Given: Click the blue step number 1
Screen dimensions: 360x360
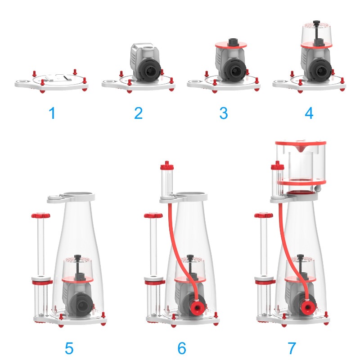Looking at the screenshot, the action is pos(53,113).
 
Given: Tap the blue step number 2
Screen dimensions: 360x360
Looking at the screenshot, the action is pos(138,113).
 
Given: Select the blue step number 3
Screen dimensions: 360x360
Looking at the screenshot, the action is pos(224,113).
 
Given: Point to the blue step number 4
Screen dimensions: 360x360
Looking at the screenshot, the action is pos(309,113).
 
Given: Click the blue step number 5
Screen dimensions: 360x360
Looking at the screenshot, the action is pos(69,348).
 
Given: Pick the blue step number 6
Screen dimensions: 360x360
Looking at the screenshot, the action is pos(182,348).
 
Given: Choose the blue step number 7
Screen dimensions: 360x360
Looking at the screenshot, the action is pos(292,348).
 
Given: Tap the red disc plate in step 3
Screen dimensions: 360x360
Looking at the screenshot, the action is pos(231,45).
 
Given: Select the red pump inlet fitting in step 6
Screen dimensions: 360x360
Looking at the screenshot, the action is pos(198,306).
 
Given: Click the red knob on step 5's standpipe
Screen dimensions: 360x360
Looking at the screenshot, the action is pos(40,216).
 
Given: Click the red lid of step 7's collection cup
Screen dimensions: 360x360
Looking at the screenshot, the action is pos(301,143).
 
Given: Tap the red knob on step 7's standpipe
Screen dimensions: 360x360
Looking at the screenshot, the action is pos(264,216).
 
